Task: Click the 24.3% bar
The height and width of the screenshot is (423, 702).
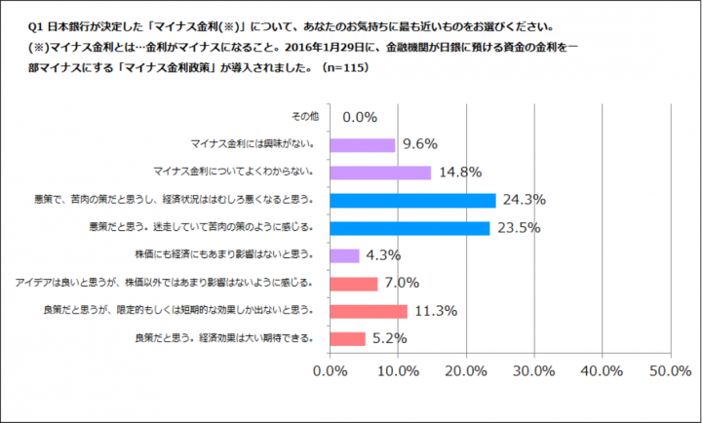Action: pyautogui.click(x=413, y=201)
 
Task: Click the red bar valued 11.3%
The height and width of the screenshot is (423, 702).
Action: pyautogui.click(x=370, y=311)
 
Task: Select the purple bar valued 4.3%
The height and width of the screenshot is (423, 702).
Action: pyautogui.click(x=346, y=255)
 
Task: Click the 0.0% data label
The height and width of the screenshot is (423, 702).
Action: pyautogui.click(x=359, y=117)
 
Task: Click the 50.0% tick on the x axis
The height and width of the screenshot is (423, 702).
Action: pyautogui.click(x=668, y=371)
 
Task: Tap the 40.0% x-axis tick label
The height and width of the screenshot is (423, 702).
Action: pyautogui.click(x=601, y=371)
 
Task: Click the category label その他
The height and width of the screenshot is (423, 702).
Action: pyautogui.click(x=305, y=117)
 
